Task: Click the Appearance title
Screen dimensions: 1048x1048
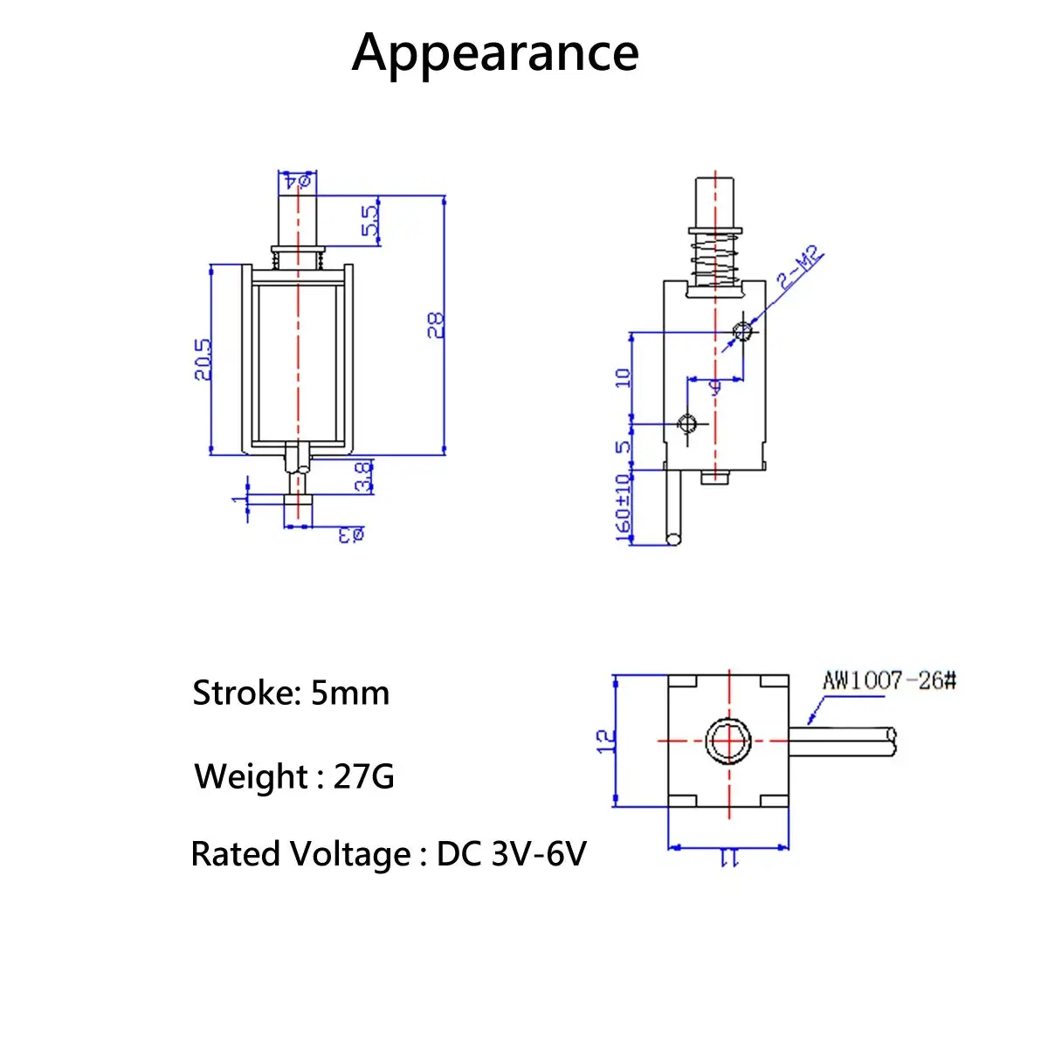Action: (495, 52)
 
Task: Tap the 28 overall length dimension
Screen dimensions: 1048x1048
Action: (436, 325)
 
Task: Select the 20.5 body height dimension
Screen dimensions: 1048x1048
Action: (203, 358)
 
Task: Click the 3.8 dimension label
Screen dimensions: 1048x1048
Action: (364, 477)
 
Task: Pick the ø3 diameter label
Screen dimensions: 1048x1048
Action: (351, 534)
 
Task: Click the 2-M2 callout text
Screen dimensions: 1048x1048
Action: (800, 269)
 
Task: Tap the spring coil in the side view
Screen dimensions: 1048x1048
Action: (714, 258)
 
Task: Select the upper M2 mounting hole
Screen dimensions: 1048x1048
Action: (742, 331)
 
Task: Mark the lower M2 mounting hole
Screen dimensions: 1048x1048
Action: (687, 424)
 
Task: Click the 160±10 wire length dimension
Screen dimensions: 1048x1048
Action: (623, 508)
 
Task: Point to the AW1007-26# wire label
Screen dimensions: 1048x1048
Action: (889, 679)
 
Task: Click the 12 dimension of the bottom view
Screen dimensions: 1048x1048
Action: (605, 741)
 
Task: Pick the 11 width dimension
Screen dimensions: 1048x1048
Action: (728, 860)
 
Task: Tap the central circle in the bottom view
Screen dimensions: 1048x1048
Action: (728, 741)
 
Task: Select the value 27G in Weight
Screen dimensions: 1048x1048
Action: (363, 776)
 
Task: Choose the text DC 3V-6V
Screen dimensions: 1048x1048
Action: (511, 854)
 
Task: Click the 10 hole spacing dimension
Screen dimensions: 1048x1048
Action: (623, 377)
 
